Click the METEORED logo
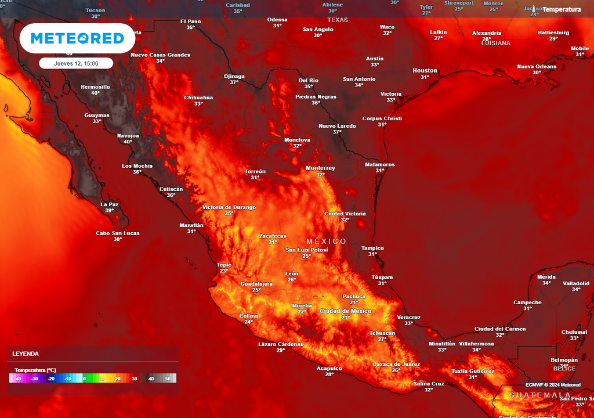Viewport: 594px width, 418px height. coord(77,38)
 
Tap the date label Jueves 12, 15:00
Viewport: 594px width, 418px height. coord(76,63)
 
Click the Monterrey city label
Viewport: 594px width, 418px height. coord(320,168)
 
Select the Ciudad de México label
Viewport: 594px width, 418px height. coord(346,311)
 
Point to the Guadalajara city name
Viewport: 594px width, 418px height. coord(256,284)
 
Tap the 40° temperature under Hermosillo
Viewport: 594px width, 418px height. coord(95,93)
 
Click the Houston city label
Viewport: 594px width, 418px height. coord(425,71)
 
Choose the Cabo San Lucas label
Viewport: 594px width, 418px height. coord(118,233)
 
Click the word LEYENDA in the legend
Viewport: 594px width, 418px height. coord(26,354)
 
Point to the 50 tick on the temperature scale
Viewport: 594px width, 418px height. coord(168,379)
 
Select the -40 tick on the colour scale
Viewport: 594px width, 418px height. coord(17,379)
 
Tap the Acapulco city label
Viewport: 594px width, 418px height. coord(329,368)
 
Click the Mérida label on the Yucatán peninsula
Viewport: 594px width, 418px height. coord(546,277)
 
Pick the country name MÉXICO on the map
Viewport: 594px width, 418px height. coord(326,242)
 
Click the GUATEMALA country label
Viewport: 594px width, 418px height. coord(539,395)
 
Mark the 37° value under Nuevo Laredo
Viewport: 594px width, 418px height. coord(337,132)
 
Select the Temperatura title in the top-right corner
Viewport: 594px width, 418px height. coord(562,9)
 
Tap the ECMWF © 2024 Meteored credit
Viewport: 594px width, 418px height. coord(553,384)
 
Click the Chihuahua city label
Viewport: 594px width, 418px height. coord(198,98)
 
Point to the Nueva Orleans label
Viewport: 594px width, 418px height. coord(537,67)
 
